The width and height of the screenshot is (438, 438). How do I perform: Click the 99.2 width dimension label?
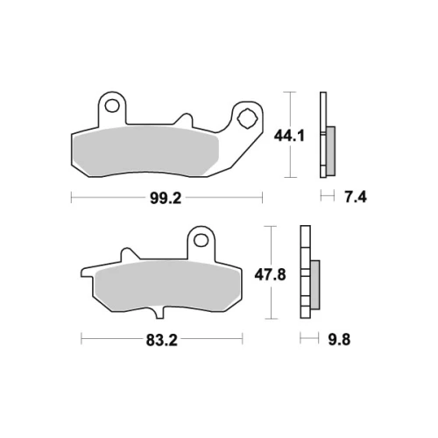pyautogui.click(x=166, y=199)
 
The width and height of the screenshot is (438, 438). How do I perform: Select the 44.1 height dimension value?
pyautogui.click(x=289, y=136)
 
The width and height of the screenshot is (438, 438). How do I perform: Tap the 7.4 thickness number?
pyautogui.click(x=356, y=197)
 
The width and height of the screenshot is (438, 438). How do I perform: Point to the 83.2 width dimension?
pyautogui.click(x=162, y=340)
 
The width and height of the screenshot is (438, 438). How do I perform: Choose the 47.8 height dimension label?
pyautogui.click(x=270, y=275)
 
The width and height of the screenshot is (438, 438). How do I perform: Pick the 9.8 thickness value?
pyautogui.click(x=339, y=340)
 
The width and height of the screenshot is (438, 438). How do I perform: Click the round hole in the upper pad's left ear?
pyautogui.click(x=112, y=106)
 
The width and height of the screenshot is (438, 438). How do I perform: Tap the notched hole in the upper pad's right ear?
pyautogui.click(x=247, y=118)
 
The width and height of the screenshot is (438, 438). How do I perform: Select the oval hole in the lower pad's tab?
pyautogui.click(x=201, y=240)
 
